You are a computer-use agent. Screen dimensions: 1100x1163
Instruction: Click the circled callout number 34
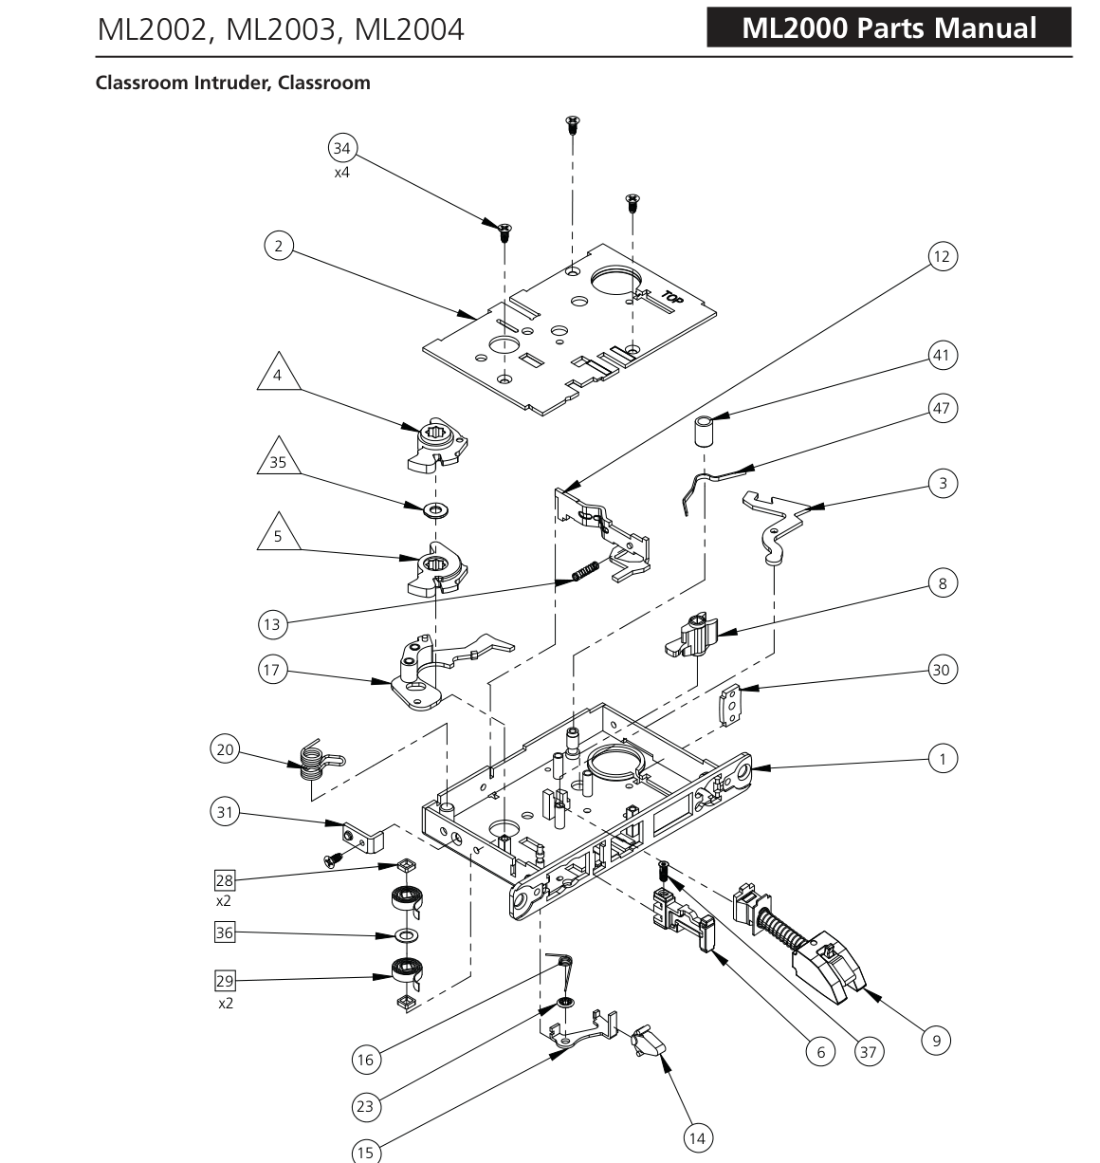click(x=341, y=148)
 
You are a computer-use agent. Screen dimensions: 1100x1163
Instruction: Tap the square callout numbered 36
click(x=224, y=932)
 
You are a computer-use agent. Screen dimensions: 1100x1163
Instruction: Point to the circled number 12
click(x=942, y=256)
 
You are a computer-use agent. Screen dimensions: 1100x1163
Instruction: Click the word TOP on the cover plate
click(x=672, y=297)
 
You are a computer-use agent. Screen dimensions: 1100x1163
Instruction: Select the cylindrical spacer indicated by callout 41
click(x=704, y=431)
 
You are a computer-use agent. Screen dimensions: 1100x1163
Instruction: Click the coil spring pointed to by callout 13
click(x=585, y=571)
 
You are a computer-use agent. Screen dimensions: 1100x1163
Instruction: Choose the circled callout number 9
click(x=936, y=1041)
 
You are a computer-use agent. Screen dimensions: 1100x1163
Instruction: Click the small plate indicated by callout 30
click(x=730, y=705)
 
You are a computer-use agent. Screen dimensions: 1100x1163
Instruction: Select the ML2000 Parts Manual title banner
click(x=889, y=28)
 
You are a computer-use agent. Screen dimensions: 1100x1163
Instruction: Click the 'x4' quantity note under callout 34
click(x=341, y=173)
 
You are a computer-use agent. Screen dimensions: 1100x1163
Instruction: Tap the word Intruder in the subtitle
click(x=231, y=83)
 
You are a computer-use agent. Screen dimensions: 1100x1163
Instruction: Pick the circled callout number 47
click(x=942, y=408)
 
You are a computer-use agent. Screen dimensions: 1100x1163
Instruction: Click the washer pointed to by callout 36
click(x=406, y=935)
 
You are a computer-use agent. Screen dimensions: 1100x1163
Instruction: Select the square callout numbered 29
click(x=224, y=981)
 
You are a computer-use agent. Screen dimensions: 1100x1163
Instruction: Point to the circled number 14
click(x=697, y=1138)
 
